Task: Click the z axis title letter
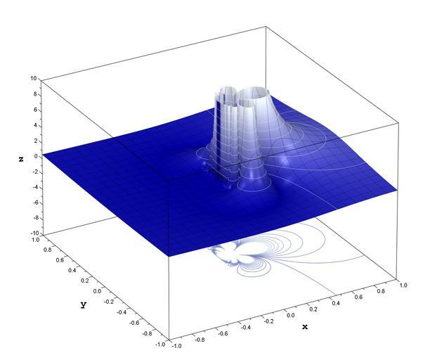[21, 159]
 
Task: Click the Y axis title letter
[84, 305]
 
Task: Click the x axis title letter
[305, 326]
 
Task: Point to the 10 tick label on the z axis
[34, 78]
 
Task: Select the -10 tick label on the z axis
[35, 233]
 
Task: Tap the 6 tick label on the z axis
[35, 110]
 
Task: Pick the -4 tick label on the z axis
[35, 188]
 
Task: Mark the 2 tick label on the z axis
[35, 141]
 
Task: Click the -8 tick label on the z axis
[35, 218]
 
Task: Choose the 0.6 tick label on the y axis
[59, 260]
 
